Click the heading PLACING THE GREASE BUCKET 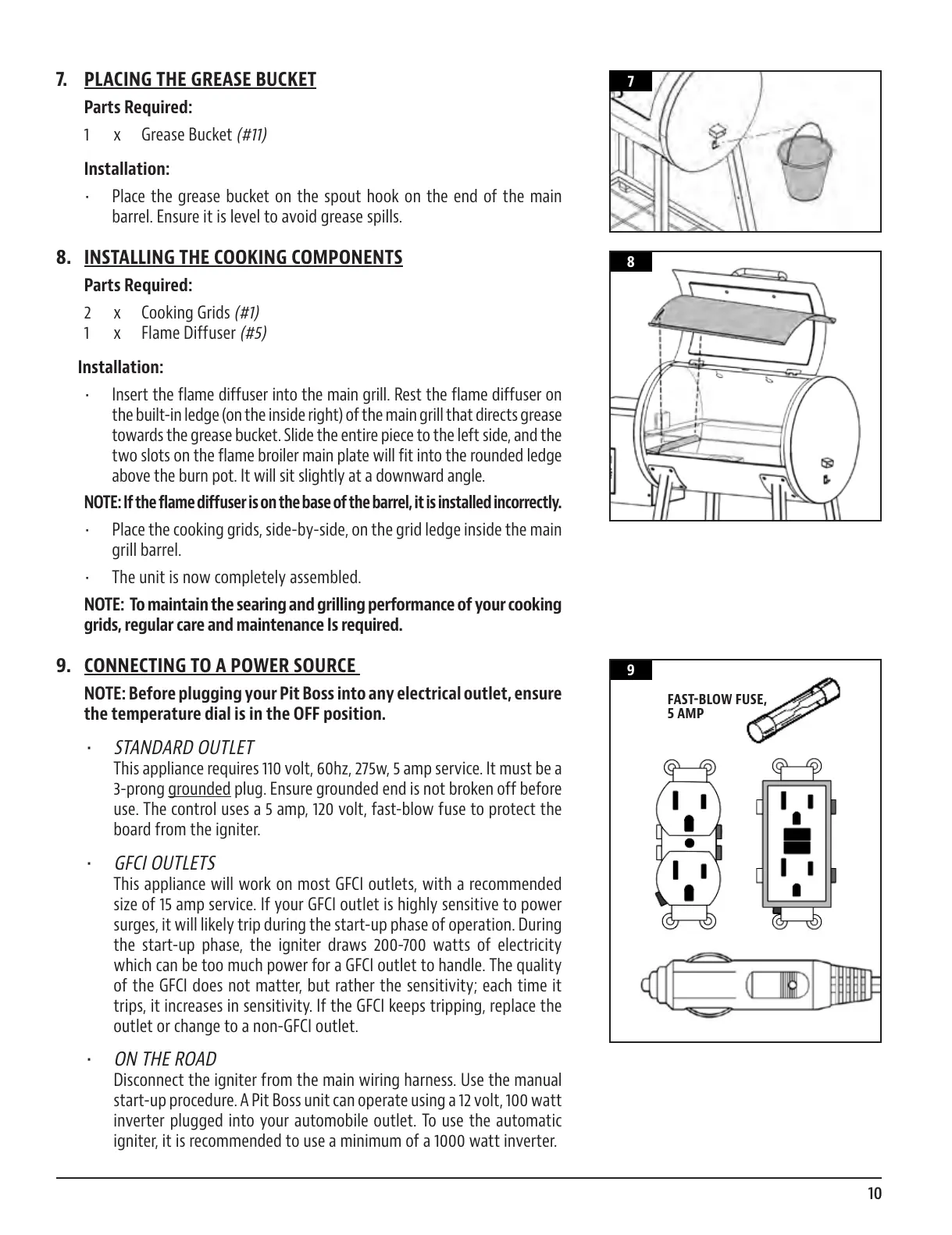[x=200, y=80]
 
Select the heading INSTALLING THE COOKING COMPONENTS [x=243, y=258]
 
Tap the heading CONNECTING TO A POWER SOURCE [x=219, y=666]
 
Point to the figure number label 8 [x=630, y=262]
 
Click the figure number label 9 [x=630, y=671]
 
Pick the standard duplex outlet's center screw [x=690, y=843]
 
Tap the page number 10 [x=873, y=1194]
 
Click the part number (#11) [x=251, y=135]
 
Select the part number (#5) [x=252, y=333]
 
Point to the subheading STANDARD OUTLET [x=184, y=748]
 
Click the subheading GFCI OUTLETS [x=165, y=863]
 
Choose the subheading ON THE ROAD [x=165, y=1059]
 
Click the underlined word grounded [x=199, y=789]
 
